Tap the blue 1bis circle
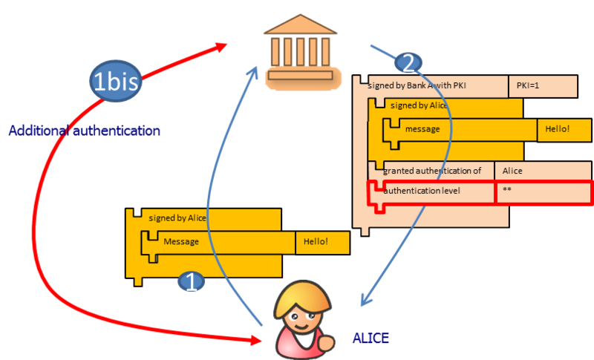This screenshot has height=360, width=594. point(115,79)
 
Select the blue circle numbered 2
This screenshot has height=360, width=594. point(408,62)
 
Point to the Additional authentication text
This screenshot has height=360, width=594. point(83,131)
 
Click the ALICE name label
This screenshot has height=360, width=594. point(371,338)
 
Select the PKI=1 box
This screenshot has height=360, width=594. point(542,86)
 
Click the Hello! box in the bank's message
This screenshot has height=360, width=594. point(557,129)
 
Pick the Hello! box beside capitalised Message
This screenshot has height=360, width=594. point(323,242)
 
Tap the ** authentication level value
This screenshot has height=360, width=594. point(542,192)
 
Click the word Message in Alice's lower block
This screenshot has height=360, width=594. point(181,242)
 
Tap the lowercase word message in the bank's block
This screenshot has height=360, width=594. point(422,129)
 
